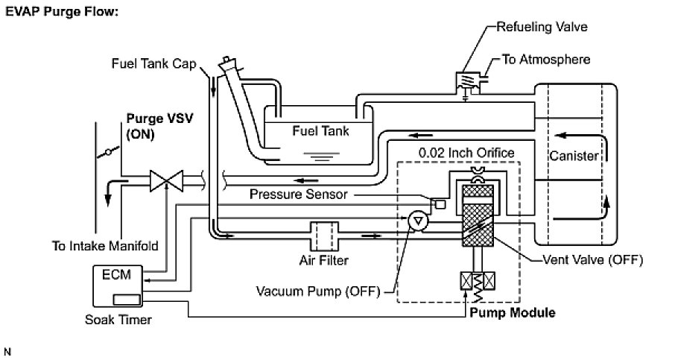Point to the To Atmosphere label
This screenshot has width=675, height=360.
click(x=546, y=58)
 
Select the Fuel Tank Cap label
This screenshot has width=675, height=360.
click(x=153, y=63)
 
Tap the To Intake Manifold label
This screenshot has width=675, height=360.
click(x=104, y=245)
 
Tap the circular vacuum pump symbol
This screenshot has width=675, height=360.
click(x=418, y=220)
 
